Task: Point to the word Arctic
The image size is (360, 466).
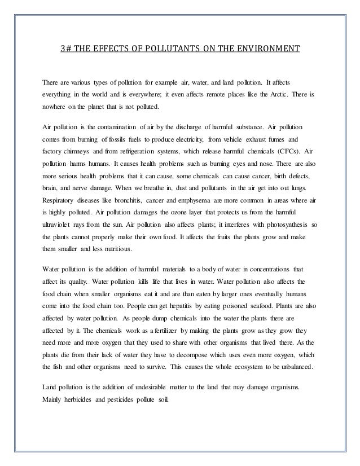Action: coord(286,94)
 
